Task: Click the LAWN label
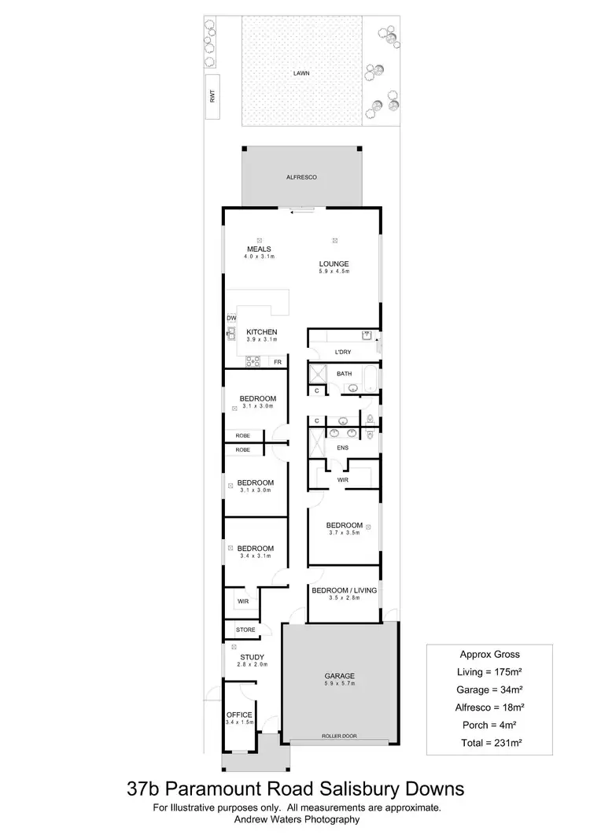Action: tap(301, 72)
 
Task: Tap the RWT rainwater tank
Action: tap(212, 97)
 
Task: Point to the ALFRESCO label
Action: tap(301, 179)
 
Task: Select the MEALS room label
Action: tap(260, 249)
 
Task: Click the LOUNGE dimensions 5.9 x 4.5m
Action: tap(334, 272)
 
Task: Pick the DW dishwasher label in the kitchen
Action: tap(232, 318)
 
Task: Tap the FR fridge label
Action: tap(277, 362)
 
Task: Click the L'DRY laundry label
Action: tap(342, 352)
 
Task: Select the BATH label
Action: tap(344, 374)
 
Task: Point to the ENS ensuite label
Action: tap(342, 449)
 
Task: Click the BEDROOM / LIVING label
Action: tap(345, 590)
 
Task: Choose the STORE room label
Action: tap(245, 630)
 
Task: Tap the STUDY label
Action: tap(252, 657)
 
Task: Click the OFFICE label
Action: tap(239, 715)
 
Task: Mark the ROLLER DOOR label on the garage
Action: tap(338, 737)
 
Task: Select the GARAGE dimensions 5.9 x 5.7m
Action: tap(340, 684)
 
